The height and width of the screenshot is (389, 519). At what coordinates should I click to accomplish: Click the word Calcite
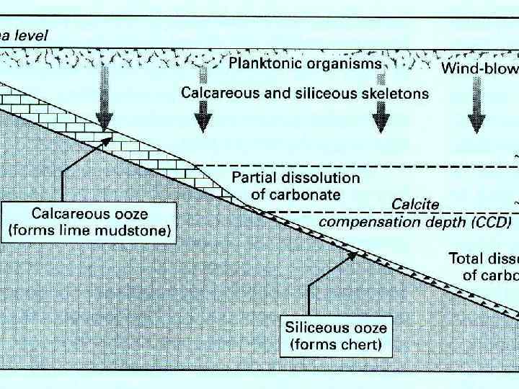pos(414,205)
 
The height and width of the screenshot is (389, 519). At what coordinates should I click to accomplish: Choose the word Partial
pos(255,177)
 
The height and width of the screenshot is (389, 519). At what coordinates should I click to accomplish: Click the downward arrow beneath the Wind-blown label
pos(475,115)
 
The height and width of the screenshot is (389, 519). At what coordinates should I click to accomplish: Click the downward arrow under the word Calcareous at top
pos(205,115)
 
